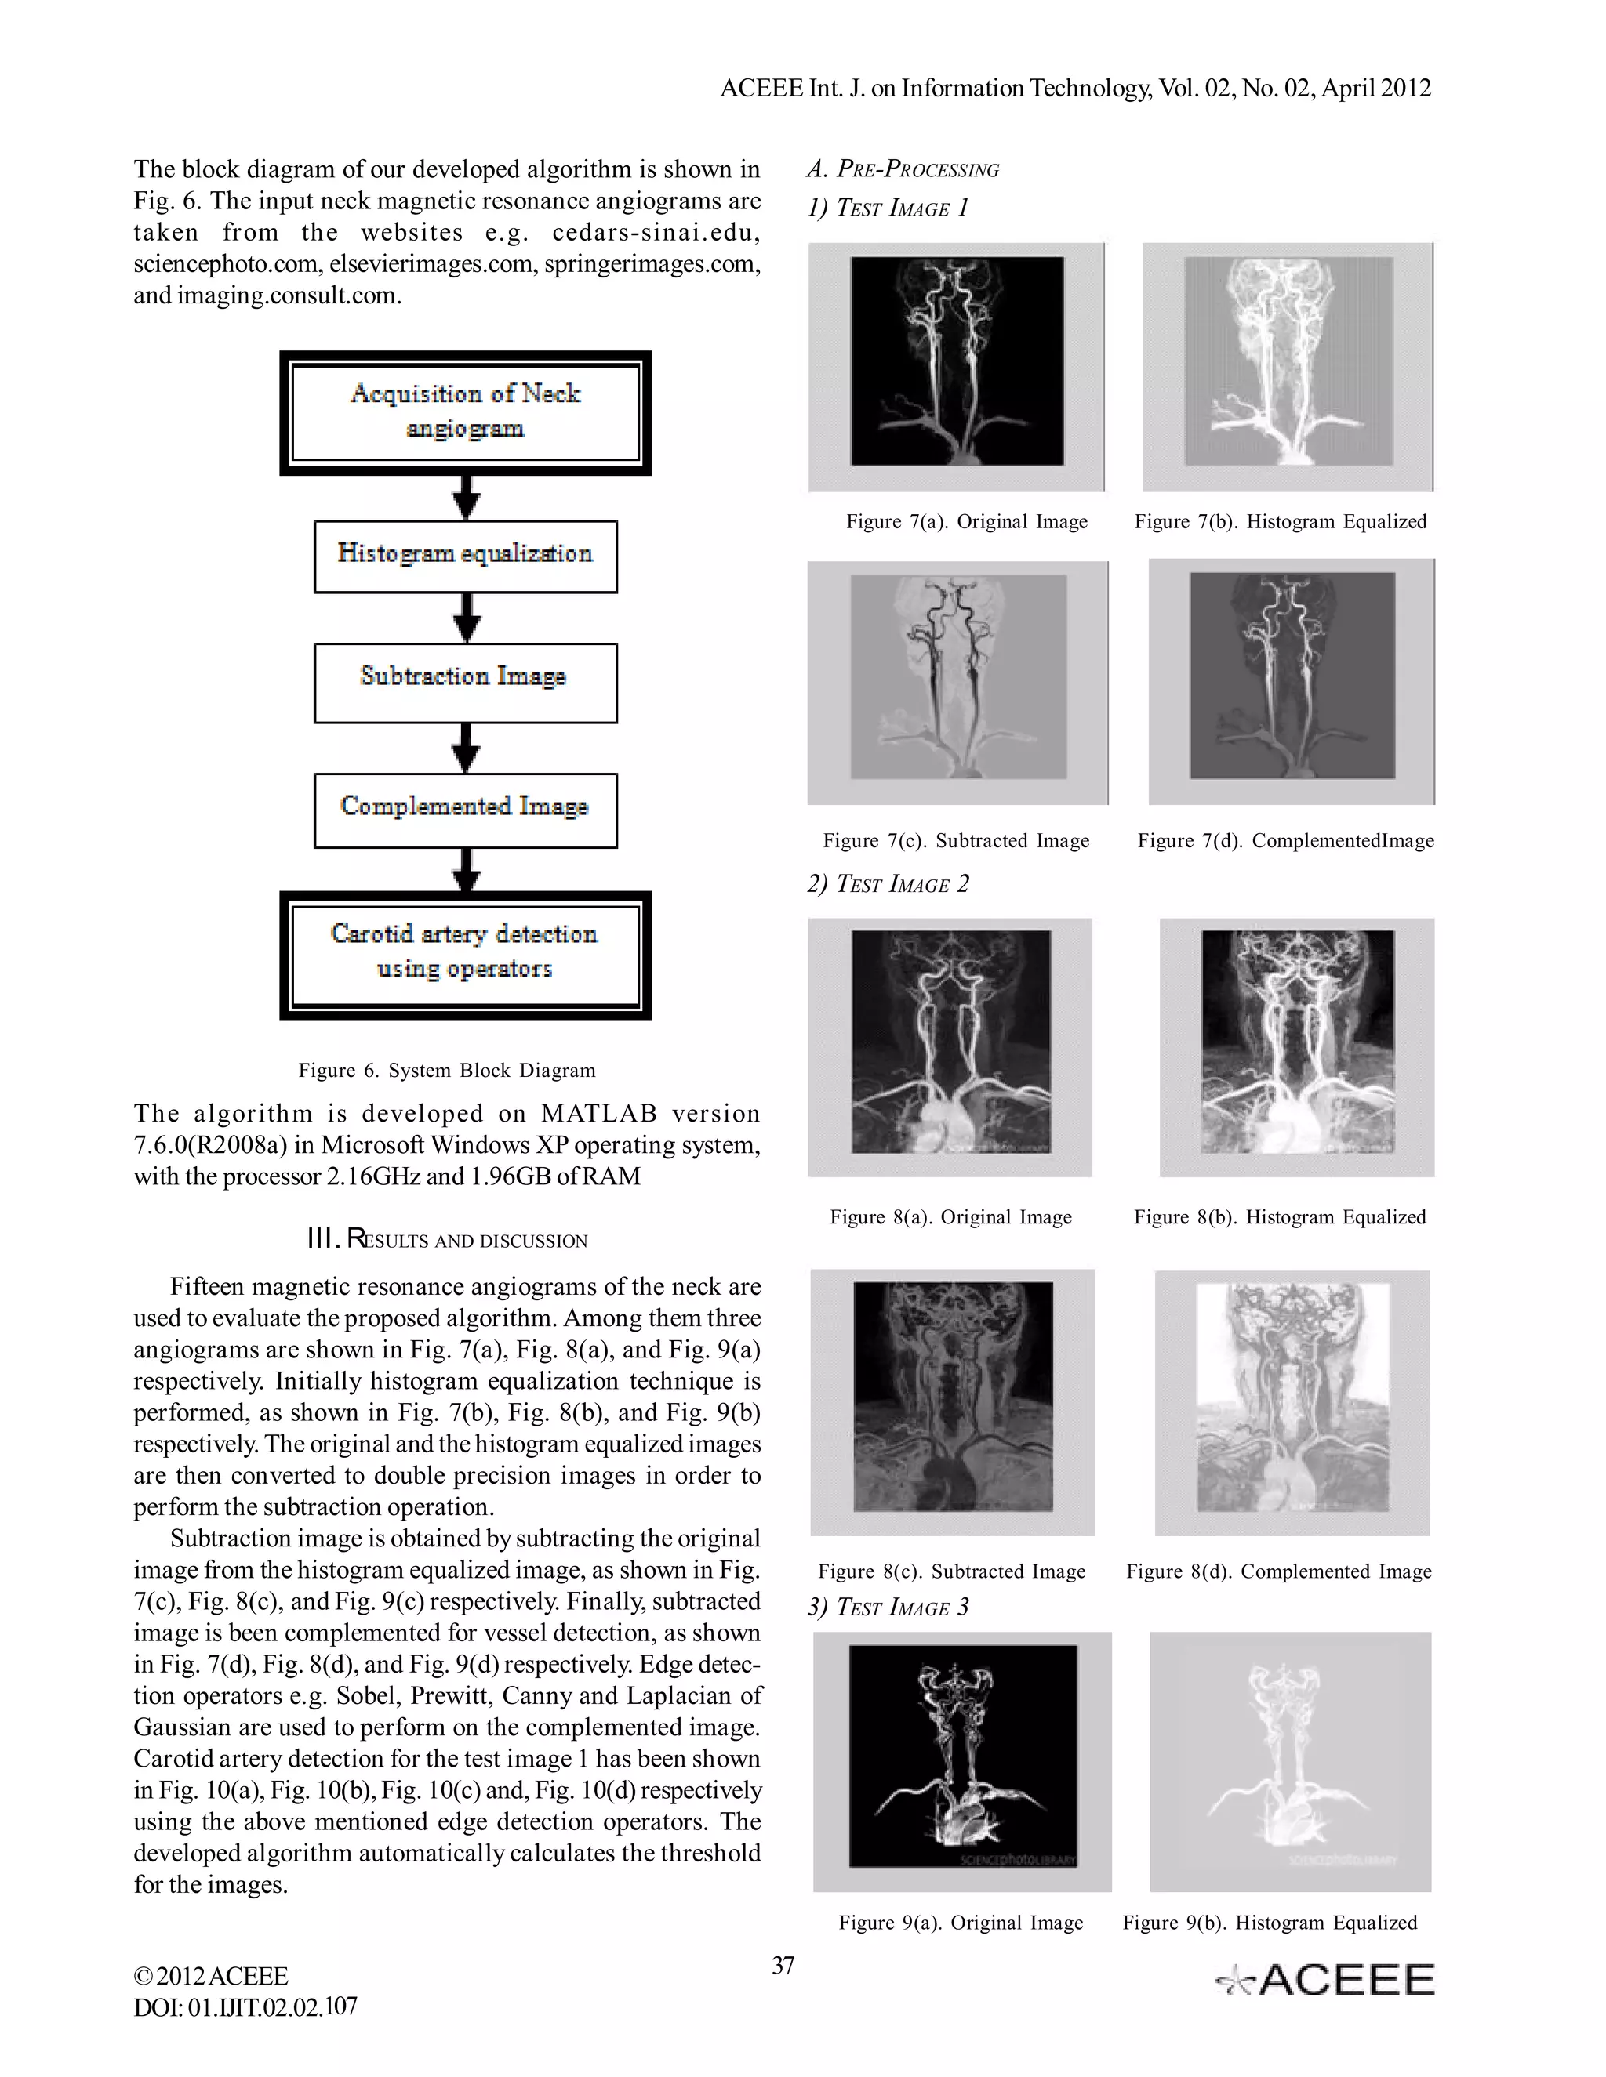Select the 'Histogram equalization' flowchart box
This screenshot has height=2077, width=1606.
pyautogui.click(x=465, y=556)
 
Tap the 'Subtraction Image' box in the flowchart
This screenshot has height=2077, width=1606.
pyautogui.click(x=465, y=682)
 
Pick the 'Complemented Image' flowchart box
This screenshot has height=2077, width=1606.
pyautogui.click(x=465, y=810)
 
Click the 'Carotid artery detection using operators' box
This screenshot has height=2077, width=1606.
pyautogui.click(x=465, y=955)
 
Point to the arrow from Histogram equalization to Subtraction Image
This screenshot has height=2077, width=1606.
pyautogui.click(x=465, y=618)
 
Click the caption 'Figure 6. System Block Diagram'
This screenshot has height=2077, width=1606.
pyautogui.click(x=447, y=1070)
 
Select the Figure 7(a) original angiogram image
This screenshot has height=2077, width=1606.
pyautogui.click(x=956, y=367)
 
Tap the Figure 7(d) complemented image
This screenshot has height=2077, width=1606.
pyautogui.click(x=1291, y=681)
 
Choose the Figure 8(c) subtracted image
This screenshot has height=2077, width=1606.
pyautogui.click(x=952, y=1402)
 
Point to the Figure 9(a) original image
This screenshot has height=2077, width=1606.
pyautogui.click(x=962, y=1760)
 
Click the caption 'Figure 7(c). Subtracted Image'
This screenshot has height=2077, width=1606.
pyautogui.click(x=956, y=841)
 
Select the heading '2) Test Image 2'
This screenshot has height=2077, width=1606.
pyautogui.click(x=888, y=883)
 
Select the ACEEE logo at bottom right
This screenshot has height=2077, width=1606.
pyautogui.click(x=1325, y=1980)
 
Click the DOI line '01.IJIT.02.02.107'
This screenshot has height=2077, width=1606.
pyautogui.click(x=245, y=2007)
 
